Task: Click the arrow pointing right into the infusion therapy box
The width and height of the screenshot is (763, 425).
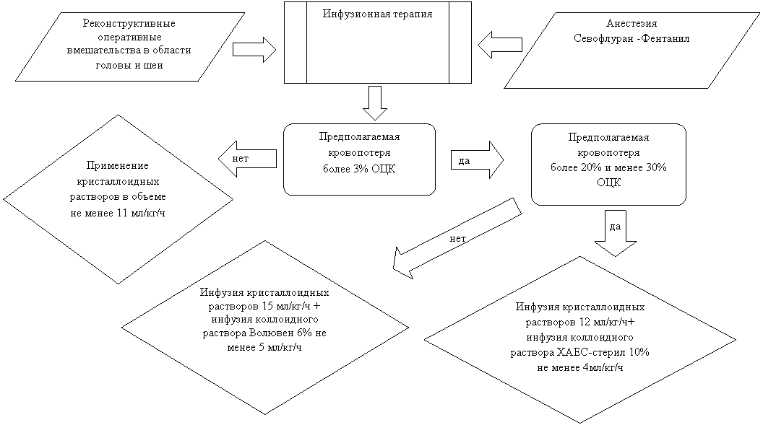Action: (254, 49)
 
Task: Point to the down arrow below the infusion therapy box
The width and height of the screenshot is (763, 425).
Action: (374, 102)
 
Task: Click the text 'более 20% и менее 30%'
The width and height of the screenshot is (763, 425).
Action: (608, 168)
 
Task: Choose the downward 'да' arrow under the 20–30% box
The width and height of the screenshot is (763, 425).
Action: (614, 237)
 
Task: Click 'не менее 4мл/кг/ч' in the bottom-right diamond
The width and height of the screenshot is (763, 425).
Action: (580, 367)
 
